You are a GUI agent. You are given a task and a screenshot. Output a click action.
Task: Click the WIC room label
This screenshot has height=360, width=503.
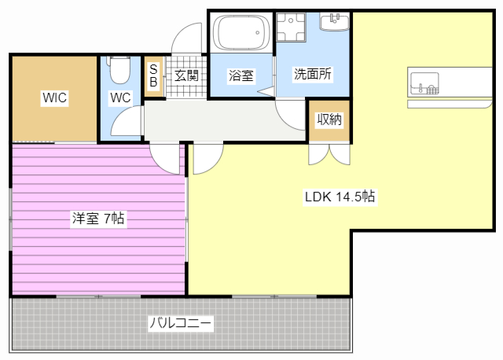point(54,98)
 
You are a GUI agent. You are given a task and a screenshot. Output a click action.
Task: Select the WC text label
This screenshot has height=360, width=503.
point(120,98)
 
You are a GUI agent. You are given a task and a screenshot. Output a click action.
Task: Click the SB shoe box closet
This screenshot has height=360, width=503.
point(153,75)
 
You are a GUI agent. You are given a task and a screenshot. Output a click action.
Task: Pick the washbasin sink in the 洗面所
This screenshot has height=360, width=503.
point(335,21)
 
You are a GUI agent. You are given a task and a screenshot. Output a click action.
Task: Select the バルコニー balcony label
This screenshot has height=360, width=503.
point(180,322)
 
